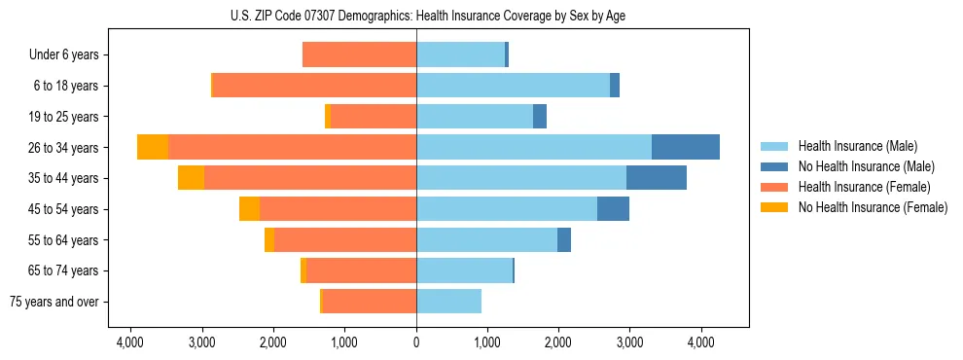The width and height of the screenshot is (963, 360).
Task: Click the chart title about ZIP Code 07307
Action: (x=428, y=15)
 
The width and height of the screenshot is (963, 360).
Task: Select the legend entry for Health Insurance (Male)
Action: (x=856, y=146)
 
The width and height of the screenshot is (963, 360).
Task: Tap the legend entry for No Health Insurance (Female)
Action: (x=873, y=207)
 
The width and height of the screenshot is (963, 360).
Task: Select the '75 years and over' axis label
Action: (x=53, y=302)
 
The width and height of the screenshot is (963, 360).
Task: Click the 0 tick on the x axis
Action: (x=416, y=342)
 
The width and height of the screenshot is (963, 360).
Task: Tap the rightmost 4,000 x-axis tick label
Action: (x=701, y=342)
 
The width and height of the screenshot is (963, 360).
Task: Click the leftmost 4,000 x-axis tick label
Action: (x=130, y=342)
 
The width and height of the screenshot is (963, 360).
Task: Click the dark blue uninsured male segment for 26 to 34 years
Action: (x=686, y=147)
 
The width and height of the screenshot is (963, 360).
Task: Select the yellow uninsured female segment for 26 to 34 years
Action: (x=153, y=147)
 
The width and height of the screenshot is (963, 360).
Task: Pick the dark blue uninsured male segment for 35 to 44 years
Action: (x=657, y=178)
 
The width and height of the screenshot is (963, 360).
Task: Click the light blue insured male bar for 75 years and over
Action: (x=448, y=302)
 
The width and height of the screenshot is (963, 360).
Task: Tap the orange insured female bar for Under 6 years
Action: (x=360, y=54)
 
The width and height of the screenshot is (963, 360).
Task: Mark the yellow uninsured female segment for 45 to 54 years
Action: (x=249, y=209)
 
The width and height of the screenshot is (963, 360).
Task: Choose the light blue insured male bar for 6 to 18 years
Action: (x=513, y=86)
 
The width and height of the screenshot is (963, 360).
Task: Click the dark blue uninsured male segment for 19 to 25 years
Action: (x=540, y=117)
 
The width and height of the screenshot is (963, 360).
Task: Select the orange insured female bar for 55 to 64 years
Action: (x=345, y=240)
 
